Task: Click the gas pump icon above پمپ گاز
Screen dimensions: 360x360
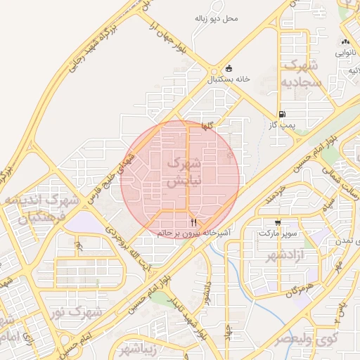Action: pyautogui.click(x=282, y=114)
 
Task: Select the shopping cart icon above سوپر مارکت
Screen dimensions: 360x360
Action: pyautogui.click(x=278, y=221)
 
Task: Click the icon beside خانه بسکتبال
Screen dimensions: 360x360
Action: pyautogui.click(x=229, y=68)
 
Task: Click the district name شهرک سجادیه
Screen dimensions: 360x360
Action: pyautogui.click(x=302, y=74)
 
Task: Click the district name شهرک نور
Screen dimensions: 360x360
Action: pyautogui.click(x=79, y=311)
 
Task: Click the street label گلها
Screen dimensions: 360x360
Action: pyautogui.click(x=206, y=125)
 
